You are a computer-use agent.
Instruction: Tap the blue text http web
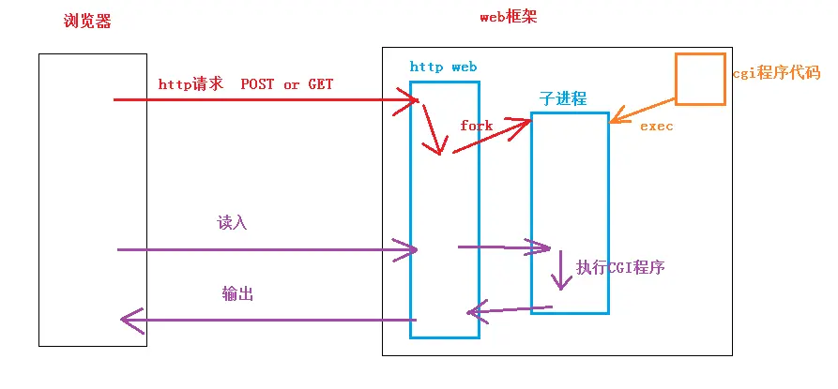coord(443,67)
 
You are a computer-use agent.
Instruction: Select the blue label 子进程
coord(562,98)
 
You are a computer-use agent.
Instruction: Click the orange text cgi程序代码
coord(775,73)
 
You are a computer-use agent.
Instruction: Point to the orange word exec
coord(656,126)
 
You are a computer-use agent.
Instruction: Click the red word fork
coord(476,125)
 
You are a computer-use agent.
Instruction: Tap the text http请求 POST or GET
coord(246,84)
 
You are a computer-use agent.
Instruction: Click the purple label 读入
coord(231,222)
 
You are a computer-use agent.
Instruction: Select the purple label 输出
coord(237,293)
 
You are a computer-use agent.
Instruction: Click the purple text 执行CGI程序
coord(620,267)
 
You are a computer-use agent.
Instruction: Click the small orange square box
coord(700,79)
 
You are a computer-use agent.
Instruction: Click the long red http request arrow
coord(263,98)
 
